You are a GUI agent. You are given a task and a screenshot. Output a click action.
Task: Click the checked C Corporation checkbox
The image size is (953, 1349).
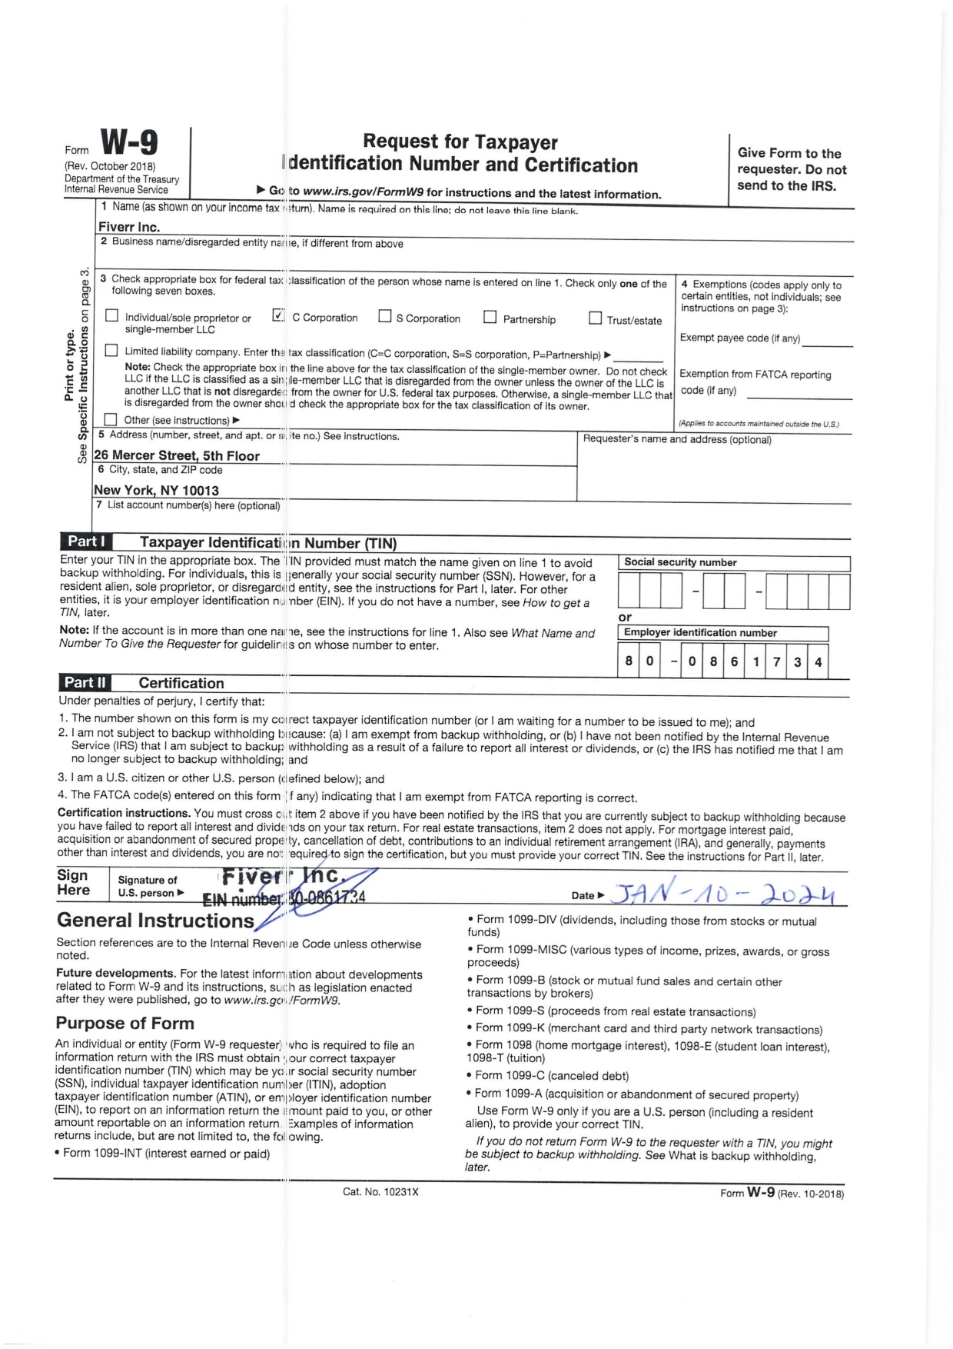pos(278,315)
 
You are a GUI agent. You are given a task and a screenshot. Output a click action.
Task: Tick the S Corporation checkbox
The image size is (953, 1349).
pos(385,316)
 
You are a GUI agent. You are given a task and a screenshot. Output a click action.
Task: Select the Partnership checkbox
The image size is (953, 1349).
pos(490,317)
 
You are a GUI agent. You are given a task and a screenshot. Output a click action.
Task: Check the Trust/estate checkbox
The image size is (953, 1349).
pos(595,318)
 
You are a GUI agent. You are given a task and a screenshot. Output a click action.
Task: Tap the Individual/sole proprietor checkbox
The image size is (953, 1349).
pos(112,315)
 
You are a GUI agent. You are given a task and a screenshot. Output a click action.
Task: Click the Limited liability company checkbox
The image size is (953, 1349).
pos(111,351)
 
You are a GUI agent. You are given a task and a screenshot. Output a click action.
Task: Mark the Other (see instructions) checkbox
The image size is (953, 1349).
pos(111,419)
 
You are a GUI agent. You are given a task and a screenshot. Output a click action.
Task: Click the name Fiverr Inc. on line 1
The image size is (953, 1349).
pos(129,227)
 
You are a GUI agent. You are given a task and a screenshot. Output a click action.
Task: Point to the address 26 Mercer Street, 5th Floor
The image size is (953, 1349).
pos(177,455)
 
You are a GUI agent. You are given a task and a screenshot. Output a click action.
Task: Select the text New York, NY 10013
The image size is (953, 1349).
pos(156,490)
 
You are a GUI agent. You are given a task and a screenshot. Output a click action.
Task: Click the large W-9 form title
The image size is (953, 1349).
pos(129,143)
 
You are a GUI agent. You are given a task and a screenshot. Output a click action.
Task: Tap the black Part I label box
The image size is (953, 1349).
pos(86,541)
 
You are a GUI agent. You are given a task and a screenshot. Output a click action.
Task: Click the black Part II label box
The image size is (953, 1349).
pos(85,682)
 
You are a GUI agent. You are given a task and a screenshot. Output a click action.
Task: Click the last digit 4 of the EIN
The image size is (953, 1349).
pos(818,661)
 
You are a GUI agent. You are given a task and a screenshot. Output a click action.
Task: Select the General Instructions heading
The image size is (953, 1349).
pos(155,921)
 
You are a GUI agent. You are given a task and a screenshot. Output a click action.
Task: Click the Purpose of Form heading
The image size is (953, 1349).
pos(125,1023)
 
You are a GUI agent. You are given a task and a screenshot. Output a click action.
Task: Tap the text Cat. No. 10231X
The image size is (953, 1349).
pos(380,1191)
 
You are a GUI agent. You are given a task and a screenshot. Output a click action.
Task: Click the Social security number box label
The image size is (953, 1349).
pos(680,562)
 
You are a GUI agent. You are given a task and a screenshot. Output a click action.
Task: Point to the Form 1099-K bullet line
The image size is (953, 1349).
pos(648,1029)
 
